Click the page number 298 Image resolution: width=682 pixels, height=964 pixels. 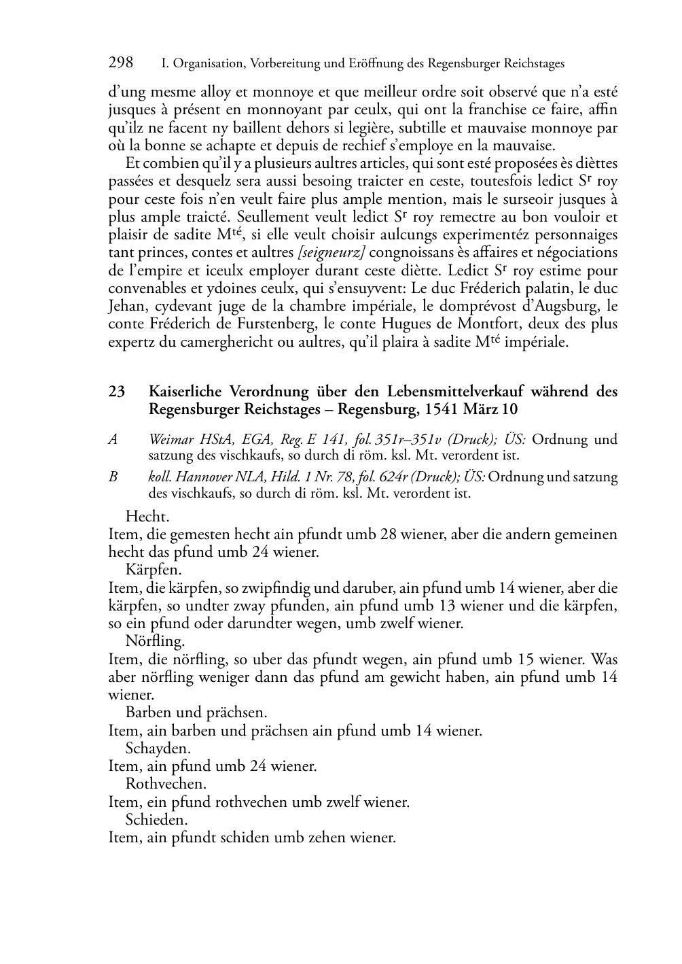(x=121, y=63)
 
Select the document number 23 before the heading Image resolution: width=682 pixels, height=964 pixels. (x=116, y=392)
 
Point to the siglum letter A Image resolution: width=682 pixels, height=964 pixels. (x=113, y=439)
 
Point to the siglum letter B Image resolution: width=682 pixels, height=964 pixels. (x=113, y=477)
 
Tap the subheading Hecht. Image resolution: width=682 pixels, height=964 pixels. (x=147, y=517)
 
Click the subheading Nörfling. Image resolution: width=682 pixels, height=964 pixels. (x=155, y=641)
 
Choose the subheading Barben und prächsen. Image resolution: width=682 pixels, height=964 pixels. (x=196, y=712)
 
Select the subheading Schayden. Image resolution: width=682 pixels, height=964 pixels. (x=158, y=748)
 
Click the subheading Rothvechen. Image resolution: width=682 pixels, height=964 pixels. (x=166, y=784)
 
